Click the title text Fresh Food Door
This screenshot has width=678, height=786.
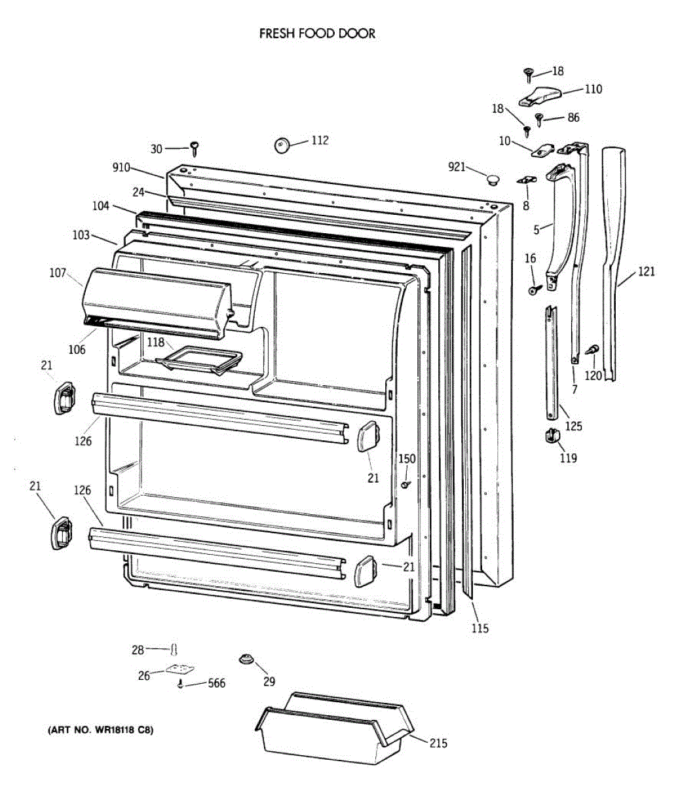(x=317, y=33)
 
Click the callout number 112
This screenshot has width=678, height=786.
(x=320, y=140)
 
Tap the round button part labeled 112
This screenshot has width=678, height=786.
(x=282, y=145)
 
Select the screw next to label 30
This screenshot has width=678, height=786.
(x=195, y=147)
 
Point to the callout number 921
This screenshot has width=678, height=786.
(x=457, y=167)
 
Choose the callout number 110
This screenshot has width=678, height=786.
(x=593, y=89)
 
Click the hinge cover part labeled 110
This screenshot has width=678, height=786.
(x=539, y=97)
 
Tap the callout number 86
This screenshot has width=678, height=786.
(x=573, y=118)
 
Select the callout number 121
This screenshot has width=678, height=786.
(x=646, y=271)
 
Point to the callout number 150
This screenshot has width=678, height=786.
(x=407, y=458)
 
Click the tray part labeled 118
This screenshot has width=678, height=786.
(x=200, y=360)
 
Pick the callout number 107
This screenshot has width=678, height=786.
(x=58, y=273)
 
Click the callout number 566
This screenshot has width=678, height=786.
(x=216, y=684)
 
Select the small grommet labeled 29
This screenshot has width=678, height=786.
(x=247, y=659)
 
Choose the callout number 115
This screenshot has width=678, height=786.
(x=480, y=629)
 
